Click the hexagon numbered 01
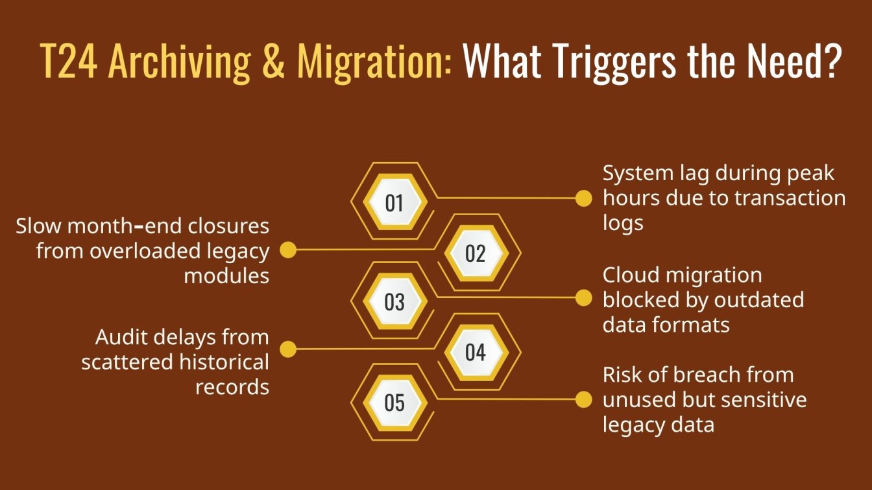tap(394, 203)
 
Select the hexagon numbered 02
tap(476, 253)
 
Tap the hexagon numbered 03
tap(394, 302)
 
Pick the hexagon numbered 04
tap(476, 353)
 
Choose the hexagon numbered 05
tap(394, 402)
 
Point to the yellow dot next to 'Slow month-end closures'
tap(287, 250)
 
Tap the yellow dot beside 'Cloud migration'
tap(584, 298)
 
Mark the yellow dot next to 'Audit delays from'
tap(287, 349)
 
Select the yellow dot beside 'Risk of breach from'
tap(584, 399)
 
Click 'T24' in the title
tap(69, 62)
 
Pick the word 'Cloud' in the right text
tap(631, 275)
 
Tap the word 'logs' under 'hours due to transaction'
tap(623, 224)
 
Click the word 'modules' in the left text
tap(226, 275)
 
